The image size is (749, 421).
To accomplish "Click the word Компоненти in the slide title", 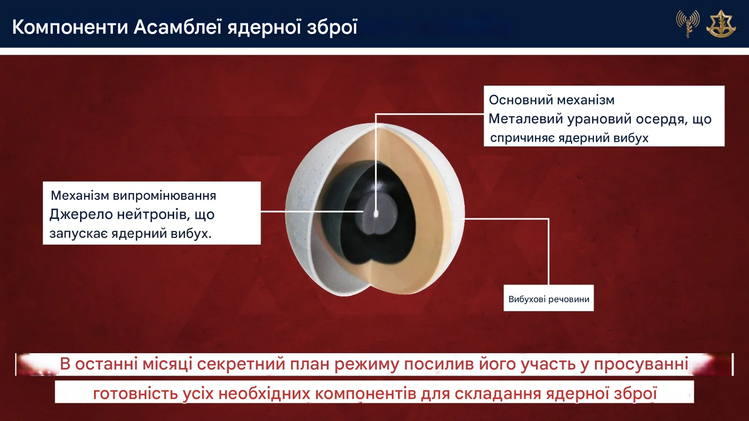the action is [x=70, y=27].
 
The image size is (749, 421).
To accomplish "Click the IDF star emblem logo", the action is [x=721, y=23].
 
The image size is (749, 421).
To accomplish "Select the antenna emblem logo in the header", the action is [x=688, y=24].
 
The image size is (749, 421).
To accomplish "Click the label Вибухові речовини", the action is [x=549, y=299].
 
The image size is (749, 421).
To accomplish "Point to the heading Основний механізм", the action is [x=552, y=100].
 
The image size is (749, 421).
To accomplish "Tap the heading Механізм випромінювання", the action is [x=133, y=196].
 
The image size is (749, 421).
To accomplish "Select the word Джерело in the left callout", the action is [x=81, y=215].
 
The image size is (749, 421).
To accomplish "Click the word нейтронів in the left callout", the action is [x=154, y=215].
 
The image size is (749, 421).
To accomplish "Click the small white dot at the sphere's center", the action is [x=375, y=212].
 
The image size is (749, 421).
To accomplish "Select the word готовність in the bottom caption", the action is [x=135, y=394].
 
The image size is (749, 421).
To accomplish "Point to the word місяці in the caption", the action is [x=167, y=363].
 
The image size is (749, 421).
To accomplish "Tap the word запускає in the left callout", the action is [x=79, y=233].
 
